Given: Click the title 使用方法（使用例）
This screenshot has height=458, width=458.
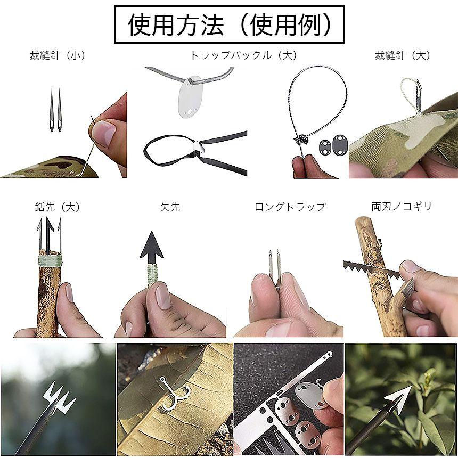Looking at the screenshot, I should click(x=229, y=24).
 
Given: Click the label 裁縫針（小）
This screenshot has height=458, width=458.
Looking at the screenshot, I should click(x=58, y=55).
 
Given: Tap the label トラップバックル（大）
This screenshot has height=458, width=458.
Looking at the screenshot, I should click(x=243, y=55).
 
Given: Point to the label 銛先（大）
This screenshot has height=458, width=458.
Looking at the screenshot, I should click(x=57, y=207).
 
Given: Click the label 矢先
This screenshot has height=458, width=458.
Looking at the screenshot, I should click(x=170, y=207).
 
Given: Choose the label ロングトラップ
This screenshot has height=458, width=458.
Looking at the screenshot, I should click(x=290, y=207).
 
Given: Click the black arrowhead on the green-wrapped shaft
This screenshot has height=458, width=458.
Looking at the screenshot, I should click(x=152, y=246).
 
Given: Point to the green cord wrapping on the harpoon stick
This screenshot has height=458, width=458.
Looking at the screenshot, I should click(x=51, y=259).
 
